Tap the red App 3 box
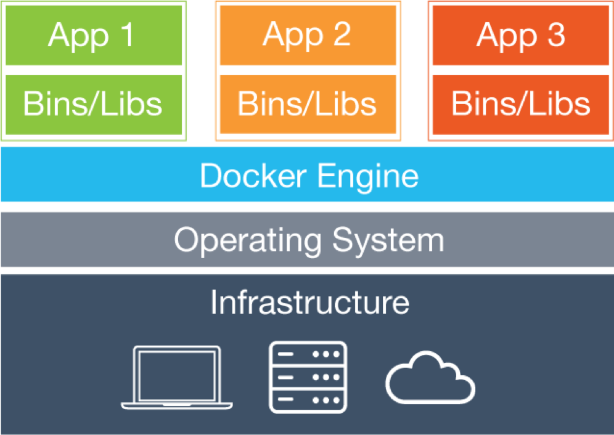point(521,35)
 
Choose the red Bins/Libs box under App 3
point(521,104)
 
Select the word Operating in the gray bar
point(248,240)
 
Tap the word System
point(388,240)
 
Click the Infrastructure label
point(309,303)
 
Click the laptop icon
point(177,378)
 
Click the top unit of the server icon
point(308,355)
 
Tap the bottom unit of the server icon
point(308,399)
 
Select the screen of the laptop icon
point(177,373)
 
